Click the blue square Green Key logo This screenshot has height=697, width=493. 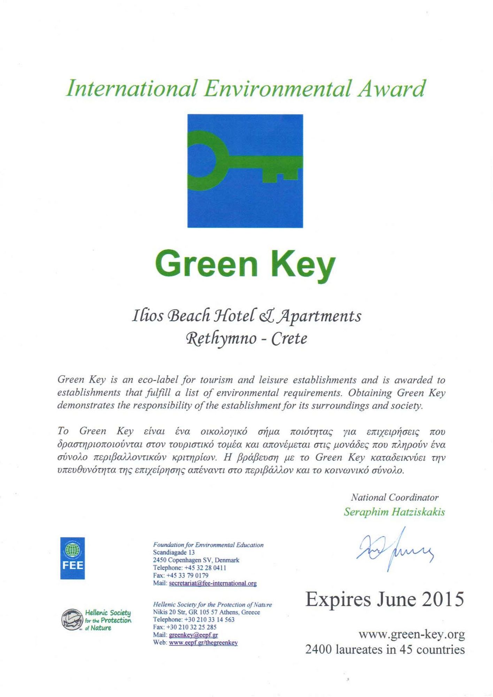245,171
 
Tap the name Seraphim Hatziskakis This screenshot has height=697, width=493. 394,512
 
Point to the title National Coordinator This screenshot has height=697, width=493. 394,497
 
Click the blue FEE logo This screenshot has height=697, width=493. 72,558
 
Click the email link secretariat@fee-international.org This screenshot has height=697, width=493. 213,583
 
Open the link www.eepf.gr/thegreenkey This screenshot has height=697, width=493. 203,643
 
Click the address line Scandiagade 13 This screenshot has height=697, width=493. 174,552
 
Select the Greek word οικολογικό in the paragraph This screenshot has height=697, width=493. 224,431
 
